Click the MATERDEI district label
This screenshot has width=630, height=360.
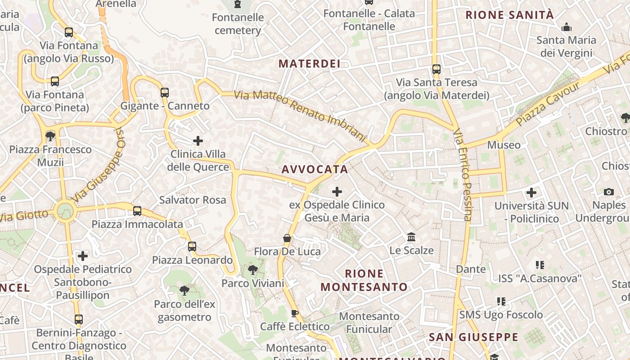tap(309, 63)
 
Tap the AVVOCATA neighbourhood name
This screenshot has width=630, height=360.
tap(315, 169)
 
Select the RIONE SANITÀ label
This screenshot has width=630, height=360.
tap(509, 15)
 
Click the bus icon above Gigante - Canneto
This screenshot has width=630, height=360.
tap(165, 93)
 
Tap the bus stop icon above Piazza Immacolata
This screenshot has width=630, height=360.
tap(137, 211)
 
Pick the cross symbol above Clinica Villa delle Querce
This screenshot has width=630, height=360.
tap(198, 141)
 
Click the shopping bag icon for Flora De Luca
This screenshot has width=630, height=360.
tap(287, 238)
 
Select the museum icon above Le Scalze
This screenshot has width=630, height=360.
tap(411, 237)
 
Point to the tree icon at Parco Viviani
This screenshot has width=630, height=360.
tap(253, 270)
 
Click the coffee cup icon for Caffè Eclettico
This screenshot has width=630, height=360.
tap(295, 313)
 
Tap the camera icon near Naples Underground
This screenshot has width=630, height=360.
tap(609, 192)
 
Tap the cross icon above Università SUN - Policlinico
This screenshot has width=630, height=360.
tap(531, 193)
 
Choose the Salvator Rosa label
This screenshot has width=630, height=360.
tap(193, 200)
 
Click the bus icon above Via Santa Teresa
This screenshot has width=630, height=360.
tap(436, 69)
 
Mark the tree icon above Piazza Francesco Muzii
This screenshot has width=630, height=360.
tap(50, 136)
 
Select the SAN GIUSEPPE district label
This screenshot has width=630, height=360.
tap(473, 337)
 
